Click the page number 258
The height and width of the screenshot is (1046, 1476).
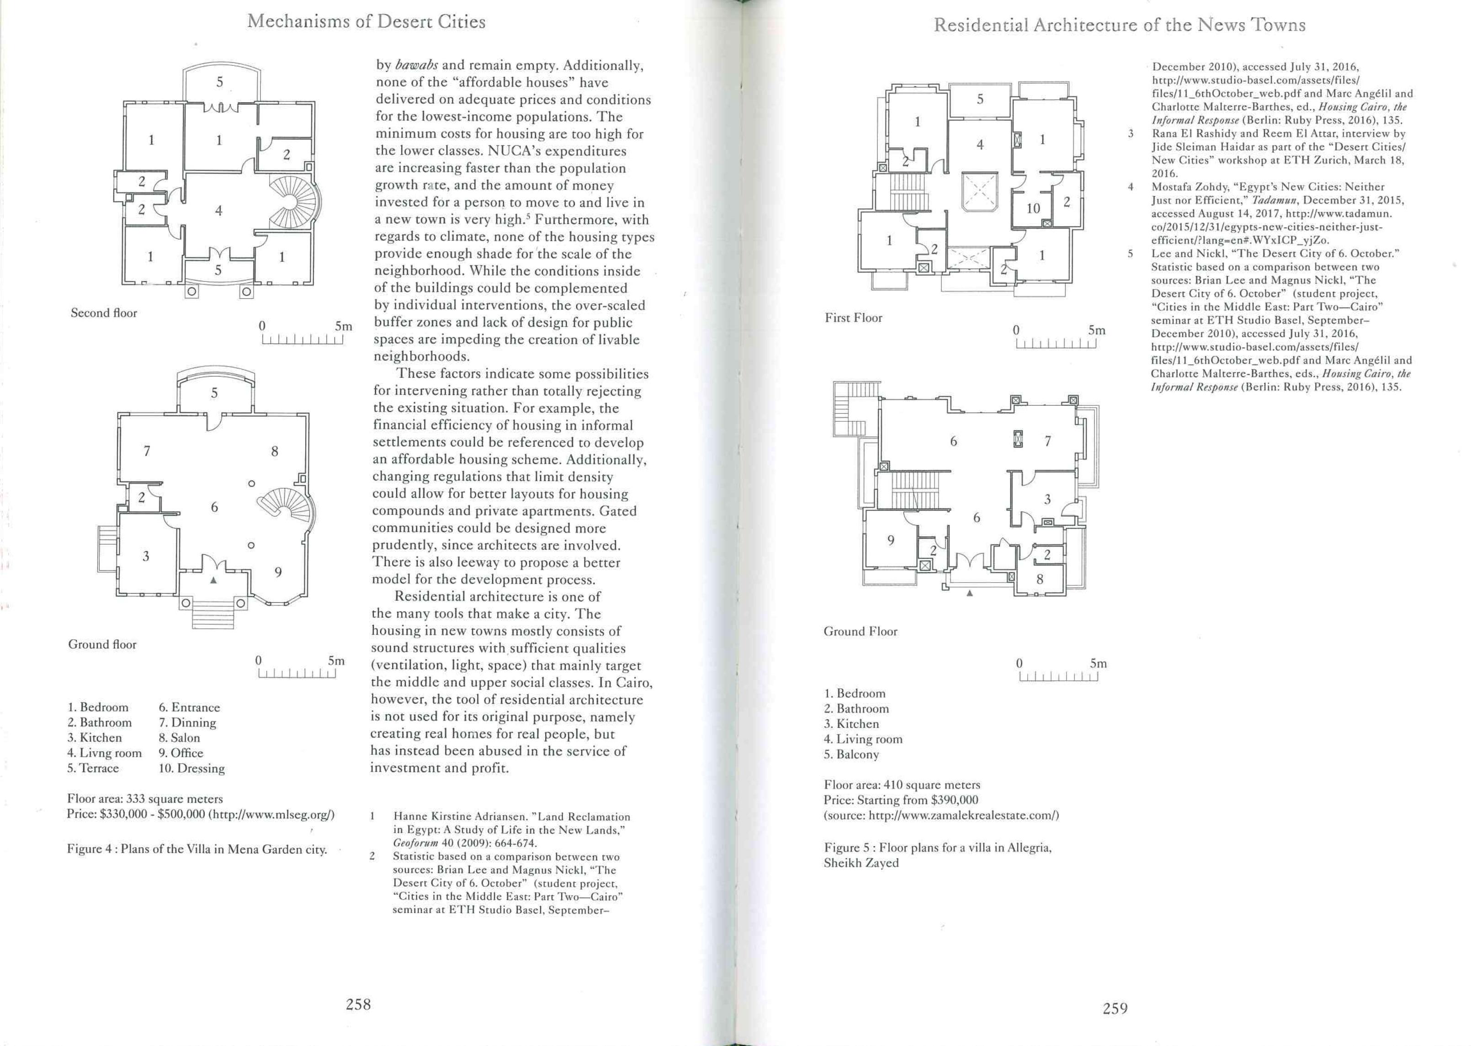click(x=358, y=1004)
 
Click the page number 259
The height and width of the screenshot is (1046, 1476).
click(x=1115, y=1008)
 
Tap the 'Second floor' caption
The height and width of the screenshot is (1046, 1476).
click(x=104, y=313)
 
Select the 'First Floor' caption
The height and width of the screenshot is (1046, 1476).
click(x=853, y=318)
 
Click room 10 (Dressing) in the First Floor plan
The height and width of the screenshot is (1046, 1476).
click(x=1033, y=208)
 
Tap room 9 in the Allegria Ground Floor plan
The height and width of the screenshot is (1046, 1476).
click(x=891, y=541)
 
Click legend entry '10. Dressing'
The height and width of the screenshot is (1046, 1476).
click(x=191, y=769)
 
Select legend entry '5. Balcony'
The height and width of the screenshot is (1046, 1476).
click(x=851, y=754)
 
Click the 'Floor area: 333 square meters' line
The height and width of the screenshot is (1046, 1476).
click(x=145, y=799)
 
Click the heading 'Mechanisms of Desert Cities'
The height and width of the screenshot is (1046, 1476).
click(x=366, y=22)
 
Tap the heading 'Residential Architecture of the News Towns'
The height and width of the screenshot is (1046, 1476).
click(x=1119, y=25)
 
